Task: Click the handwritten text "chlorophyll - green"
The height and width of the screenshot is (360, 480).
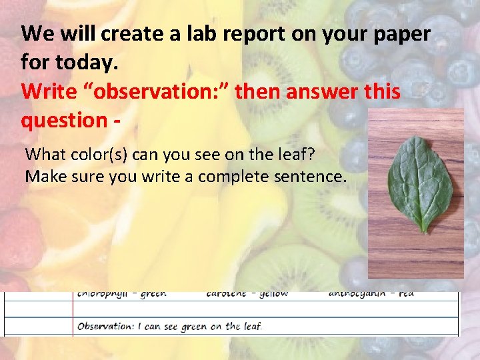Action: (x=121, y=293)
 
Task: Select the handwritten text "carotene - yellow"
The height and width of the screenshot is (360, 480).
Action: (x=247, y=293)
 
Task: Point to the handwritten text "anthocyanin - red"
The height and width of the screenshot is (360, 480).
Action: (x=371, y=293)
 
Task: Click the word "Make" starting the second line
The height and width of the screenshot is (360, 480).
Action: (x=43, y=177)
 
